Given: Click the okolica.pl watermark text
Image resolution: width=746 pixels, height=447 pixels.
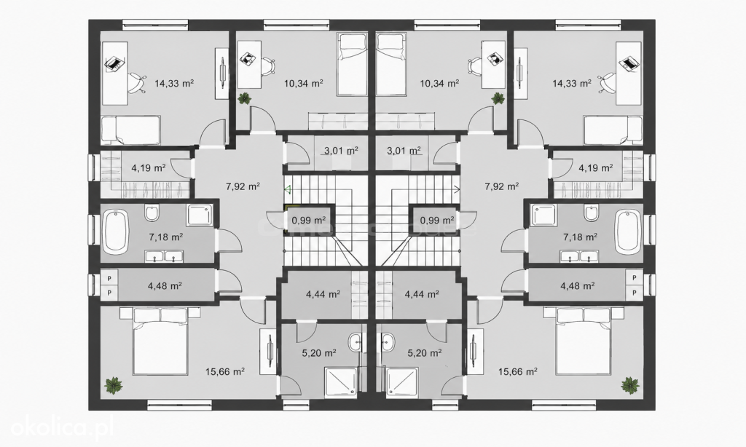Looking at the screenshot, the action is click(62, 428).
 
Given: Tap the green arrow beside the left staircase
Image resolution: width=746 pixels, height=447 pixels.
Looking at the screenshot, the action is click(287, 190).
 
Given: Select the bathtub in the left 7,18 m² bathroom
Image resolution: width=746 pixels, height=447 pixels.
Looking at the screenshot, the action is click(116, 232).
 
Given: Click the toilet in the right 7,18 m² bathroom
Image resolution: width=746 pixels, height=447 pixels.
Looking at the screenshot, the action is click(592, 213).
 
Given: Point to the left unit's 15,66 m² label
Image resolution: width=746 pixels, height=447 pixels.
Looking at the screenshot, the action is click(225, 372).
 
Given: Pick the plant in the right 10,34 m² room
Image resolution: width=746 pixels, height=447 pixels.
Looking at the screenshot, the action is click(498, 98).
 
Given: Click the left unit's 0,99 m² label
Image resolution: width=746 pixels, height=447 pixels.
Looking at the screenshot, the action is click(308, 220).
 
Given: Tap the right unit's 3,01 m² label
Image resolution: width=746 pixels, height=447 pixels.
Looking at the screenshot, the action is click(404, 151).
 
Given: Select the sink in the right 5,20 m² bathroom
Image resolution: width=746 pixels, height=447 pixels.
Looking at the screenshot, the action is click(387, 342).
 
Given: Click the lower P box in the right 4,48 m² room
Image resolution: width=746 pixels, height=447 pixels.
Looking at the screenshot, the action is click(635, 293).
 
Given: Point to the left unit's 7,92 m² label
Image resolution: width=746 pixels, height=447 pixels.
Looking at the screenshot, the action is click(243, 186).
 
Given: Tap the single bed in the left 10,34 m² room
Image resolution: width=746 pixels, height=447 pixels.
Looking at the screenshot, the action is click(352, 65).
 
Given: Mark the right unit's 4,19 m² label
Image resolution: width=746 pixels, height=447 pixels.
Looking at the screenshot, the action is click(595, 168).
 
